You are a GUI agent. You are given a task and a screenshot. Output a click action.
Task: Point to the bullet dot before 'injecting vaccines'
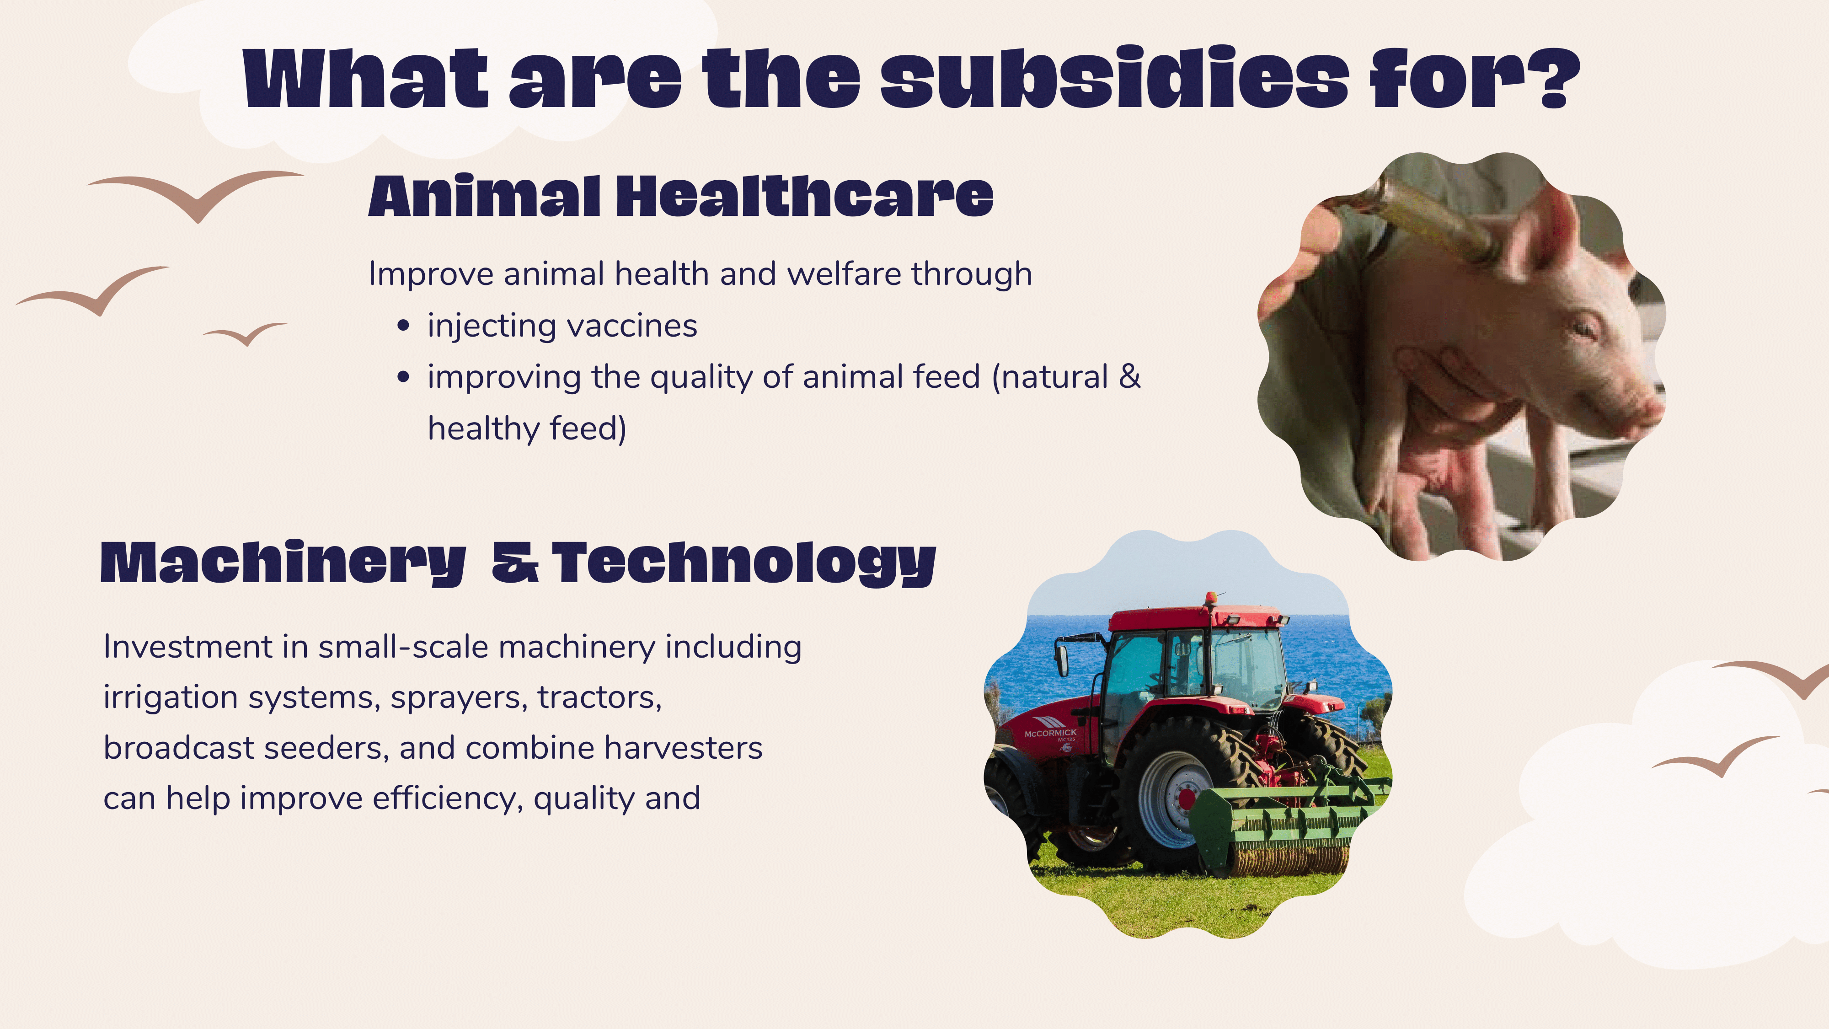tap(403, 326)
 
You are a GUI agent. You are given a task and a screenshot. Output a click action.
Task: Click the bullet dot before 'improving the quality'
tap(403, 377)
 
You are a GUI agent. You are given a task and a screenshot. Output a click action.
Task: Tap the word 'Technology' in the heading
tap(744, 564)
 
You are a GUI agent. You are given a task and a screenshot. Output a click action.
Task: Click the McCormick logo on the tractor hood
tap(1050, 733)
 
